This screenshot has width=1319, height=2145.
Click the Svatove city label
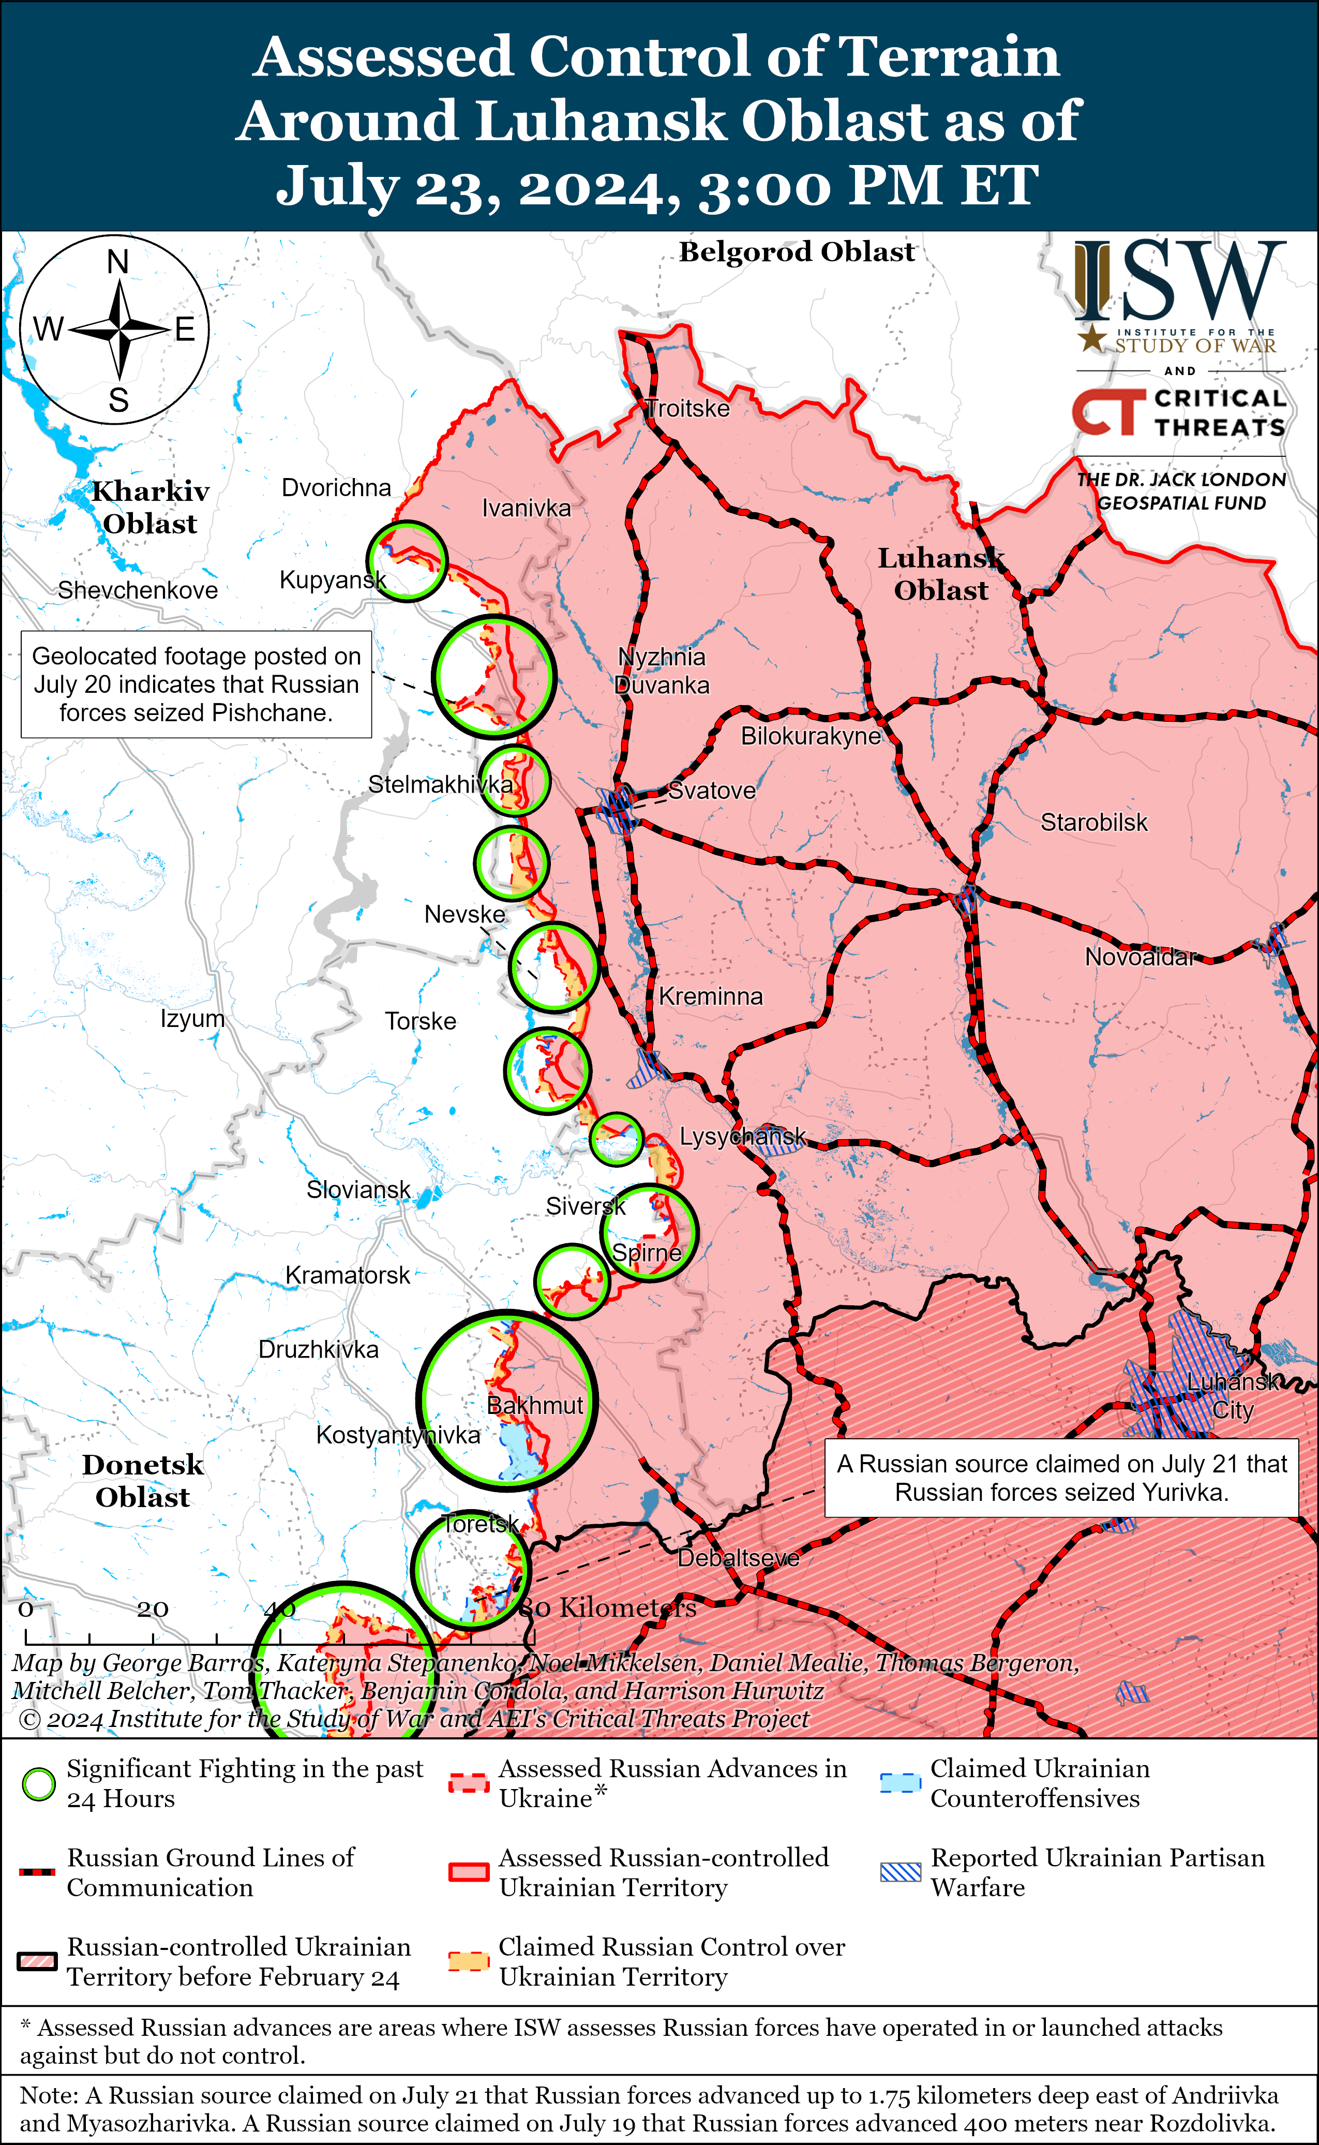tap(712, 791)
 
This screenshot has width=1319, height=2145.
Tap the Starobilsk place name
tap(1094, 823)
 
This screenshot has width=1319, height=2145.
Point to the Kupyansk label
tap(333, 580)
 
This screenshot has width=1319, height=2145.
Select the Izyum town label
tap(192, 1019)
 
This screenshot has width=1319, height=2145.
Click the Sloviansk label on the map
tap(357, 1190)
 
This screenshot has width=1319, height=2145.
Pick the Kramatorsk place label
tap(347, 1275)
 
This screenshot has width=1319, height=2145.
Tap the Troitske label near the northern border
tap(687, 408)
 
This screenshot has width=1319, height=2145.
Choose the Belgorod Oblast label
tap(797, 252)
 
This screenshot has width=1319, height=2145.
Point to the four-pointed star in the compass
tap(118, 330)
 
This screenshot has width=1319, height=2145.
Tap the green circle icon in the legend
tap(38, 1785)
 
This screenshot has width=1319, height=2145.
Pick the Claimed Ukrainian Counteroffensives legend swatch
tap(900, 1783)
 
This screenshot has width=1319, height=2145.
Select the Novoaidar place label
tap(1140, 957)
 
